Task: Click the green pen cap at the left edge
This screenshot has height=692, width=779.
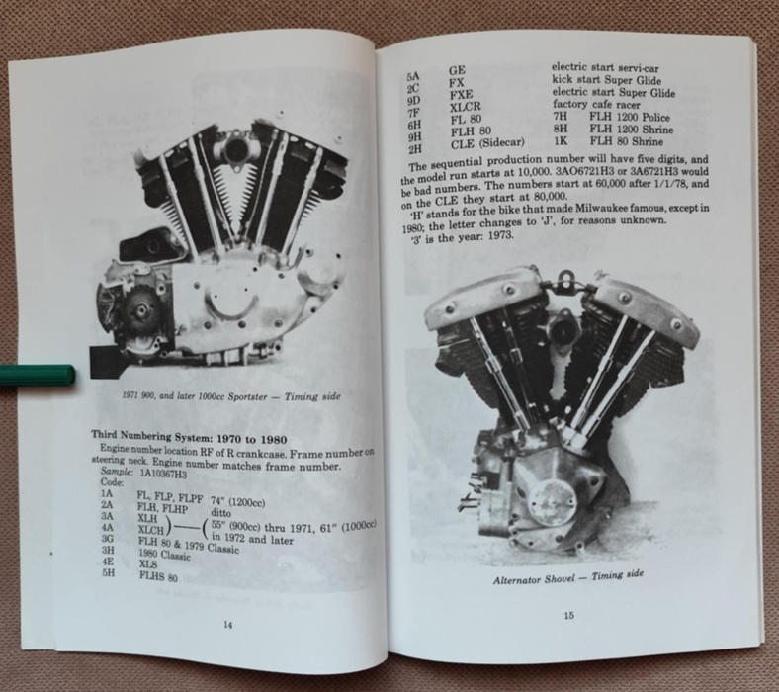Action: (x=38, y=376)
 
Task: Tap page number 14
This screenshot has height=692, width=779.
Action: (x=227, y=625)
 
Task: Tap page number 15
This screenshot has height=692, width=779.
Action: (x=568, y=616)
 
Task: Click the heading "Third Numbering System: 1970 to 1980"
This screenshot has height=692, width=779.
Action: (x=189, y=437)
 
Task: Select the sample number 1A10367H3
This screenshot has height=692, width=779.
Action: (x=163, y=474)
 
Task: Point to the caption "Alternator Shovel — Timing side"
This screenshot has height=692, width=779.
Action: (x=567, y=577)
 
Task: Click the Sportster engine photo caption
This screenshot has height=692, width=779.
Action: (x=231, y=396)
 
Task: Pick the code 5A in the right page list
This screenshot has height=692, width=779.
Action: (x=413, y=76)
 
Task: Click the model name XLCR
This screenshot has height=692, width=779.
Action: (x=465, y=107)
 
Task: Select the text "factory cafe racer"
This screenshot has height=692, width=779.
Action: (x=596, y=105)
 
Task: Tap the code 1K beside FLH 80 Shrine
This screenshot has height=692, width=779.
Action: (x=561, y=141)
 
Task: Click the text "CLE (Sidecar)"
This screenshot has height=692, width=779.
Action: (x=487, y=143)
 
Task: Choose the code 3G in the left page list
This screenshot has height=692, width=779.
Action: (x=108, y=539)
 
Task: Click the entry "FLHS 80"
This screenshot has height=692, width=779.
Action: (x=158, y=577)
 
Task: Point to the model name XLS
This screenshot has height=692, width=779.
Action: (x=148, y=563)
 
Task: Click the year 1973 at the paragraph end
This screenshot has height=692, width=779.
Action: (x=500, y=235)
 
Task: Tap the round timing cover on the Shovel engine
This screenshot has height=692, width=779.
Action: (x=548, y=502)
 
